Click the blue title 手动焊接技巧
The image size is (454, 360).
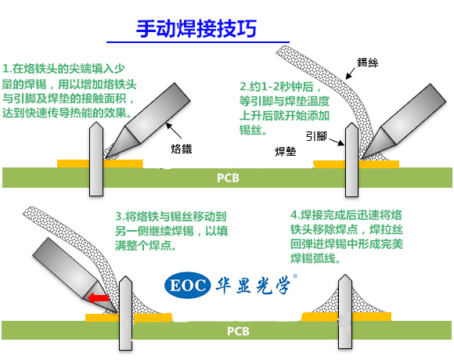(196, 29)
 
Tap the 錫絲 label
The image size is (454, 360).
(367, 63)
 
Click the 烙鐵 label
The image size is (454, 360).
(182, 149)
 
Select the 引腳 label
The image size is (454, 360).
(316, 136)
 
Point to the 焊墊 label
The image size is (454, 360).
(286, 151)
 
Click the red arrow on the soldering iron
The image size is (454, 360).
(98, 298)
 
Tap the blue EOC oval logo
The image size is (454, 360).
(187, 286)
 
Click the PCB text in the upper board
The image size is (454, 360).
(228, 178)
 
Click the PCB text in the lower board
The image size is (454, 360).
(238, 331)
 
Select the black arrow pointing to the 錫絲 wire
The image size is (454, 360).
(351, 74)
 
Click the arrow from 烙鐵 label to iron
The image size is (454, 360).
(174, 131)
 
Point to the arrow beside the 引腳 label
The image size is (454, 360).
(337, 142)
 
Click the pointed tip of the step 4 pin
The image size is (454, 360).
(345, 275)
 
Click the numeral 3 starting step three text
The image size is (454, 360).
(118, 217)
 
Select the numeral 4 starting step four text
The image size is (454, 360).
(294, 215)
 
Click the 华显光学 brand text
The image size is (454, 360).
(253, 286)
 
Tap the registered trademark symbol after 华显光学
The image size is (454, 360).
(295, 276)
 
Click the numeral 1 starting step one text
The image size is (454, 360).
(5, 69)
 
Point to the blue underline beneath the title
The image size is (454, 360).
(198, 42)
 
